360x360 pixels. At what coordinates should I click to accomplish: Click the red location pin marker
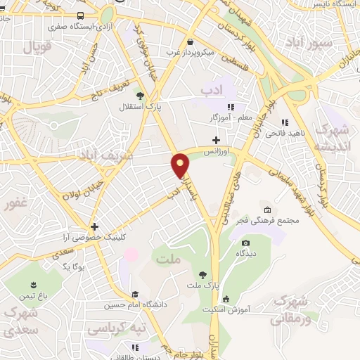pos(181,164)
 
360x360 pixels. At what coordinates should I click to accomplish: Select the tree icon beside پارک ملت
pos(202,275)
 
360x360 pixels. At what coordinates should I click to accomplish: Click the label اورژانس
pos(217,151)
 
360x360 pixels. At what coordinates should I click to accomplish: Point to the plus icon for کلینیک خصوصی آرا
pos(94,226)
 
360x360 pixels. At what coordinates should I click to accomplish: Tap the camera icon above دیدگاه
pos(246,243)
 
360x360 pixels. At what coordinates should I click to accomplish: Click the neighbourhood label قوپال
pos(39,48)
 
